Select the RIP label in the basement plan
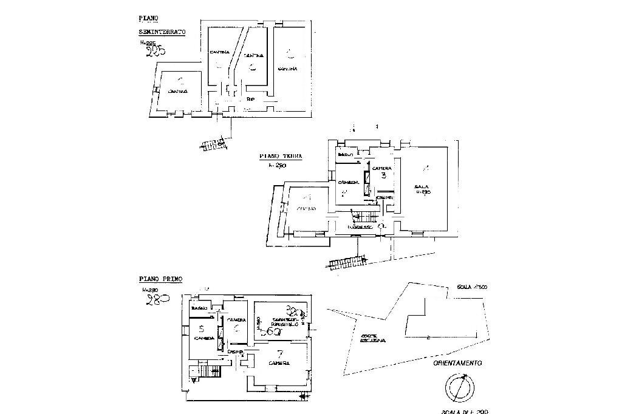251,98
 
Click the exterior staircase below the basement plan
213,144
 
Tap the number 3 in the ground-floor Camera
384,175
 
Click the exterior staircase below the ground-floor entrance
346,261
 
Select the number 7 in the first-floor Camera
280,353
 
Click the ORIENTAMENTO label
457,364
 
